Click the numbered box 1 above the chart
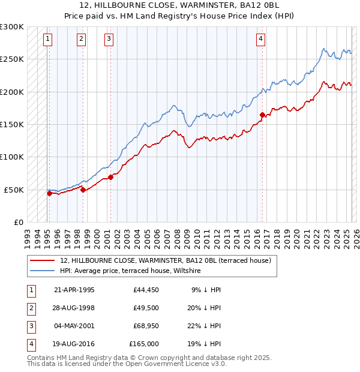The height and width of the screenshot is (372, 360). [x=48, y=40]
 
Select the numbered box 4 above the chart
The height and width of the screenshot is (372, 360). [x=261, y=40]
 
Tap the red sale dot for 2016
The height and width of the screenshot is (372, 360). [x=262, y=115]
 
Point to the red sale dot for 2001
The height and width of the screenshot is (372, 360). [x=110, y=177]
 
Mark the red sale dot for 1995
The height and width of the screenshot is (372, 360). [x=49, y=193]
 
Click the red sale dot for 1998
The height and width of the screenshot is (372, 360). [x=83, y=190]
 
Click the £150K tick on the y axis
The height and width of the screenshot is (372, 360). [x=12, y=125]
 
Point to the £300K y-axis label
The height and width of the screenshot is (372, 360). [x=12, y=27]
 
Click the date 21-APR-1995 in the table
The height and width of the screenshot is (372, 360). [x=74, y=290]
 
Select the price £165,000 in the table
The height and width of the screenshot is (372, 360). [x=144, y=344]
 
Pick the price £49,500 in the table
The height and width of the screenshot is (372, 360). [x=146, y=308]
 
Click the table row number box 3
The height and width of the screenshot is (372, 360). [x=31, y=326]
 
